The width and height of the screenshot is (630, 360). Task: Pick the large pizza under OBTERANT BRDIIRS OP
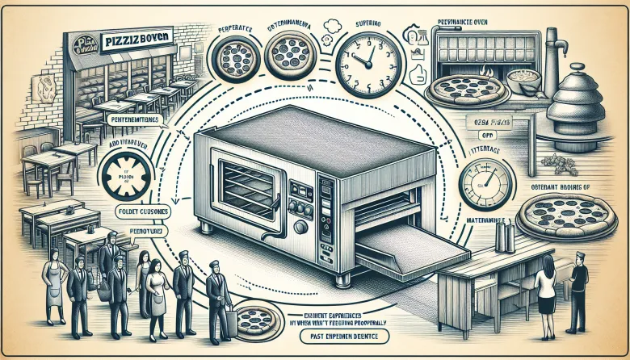562,214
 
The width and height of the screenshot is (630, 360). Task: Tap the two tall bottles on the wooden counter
506,237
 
